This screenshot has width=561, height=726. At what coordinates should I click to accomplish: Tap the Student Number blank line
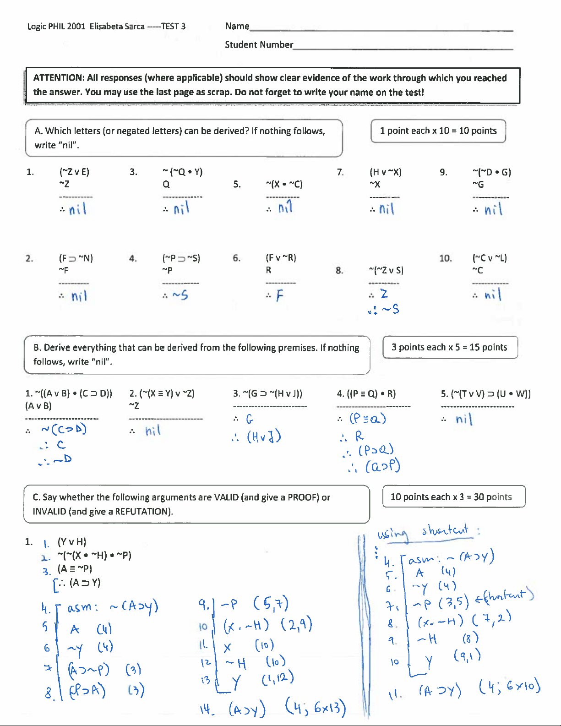(403, 48)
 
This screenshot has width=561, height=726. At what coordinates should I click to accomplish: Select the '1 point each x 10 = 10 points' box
(438, 131)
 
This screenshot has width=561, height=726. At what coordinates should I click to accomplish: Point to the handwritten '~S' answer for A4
(180, 295)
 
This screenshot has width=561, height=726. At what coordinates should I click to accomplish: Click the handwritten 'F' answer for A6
(279, 295)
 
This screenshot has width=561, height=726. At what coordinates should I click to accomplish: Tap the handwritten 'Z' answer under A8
(384, 294)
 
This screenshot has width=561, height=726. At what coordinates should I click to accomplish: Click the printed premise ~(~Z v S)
(386, 270)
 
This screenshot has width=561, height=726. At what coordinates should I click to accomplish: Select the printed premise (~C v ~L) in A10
(490, 258)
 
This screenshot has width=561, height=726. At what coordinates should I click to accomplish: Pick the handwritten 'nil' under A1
(78, 210)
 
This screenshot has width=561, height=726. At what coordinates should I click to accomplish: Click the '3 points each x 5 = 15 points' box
(450, 347)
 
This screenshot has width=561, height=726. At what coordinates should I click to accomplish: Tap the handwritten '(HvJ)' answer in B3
(264, 437)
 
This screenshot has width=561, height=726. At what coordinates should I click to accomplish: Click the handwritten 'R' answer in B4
(359, 436)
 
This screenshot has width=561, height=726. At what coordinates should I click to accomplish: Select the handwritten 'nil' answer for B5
(463, 419)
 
